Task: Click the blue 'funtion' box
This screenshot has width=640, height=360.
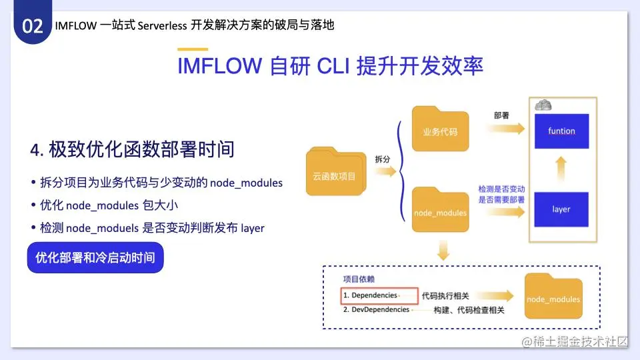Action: tap(561, 131)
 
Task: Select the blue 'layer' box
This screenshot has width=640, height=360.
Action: tap(561, 209)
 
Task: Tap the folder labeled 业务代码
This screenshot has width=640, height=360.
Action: tap(441, 129)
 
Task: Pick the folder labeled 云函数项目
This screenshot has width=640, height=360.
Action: tap(336, 171)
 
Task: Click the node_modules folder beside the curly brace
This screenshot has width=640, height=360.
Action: tap(441, 210)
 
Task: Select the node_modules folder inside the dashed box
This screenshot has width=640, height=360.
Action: tap(553, 296)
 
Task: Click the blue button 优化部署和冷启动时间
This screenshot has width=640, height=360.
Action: tap(95, 257)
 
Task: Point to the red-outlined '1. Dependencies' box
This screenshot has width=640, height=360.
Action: tap(379, 296)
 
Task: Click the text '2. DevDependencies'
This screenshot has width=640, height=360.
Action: tap(376, 310)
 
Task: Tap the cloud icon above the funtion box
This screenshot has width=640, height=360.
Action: tap(543, 105)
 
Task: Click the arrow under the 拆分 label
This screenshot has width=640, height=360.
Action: tap(385, 171)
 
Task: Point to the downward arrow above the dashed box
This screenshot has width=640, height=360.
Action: tap(443, 250)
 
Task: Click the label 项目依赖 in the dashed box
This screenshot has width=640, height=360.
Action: tap(359, 279)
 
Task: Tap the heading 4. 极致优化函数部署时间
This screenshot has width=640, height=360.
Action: tap(132, 149)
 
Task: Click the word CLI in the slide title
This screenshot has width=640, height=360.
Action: tap(333, 66)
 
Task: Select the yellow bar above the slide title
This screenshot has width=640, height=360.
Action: tap(193, 49)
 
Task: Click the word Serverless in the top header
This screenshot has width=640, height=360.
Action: tap(162, 26)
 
